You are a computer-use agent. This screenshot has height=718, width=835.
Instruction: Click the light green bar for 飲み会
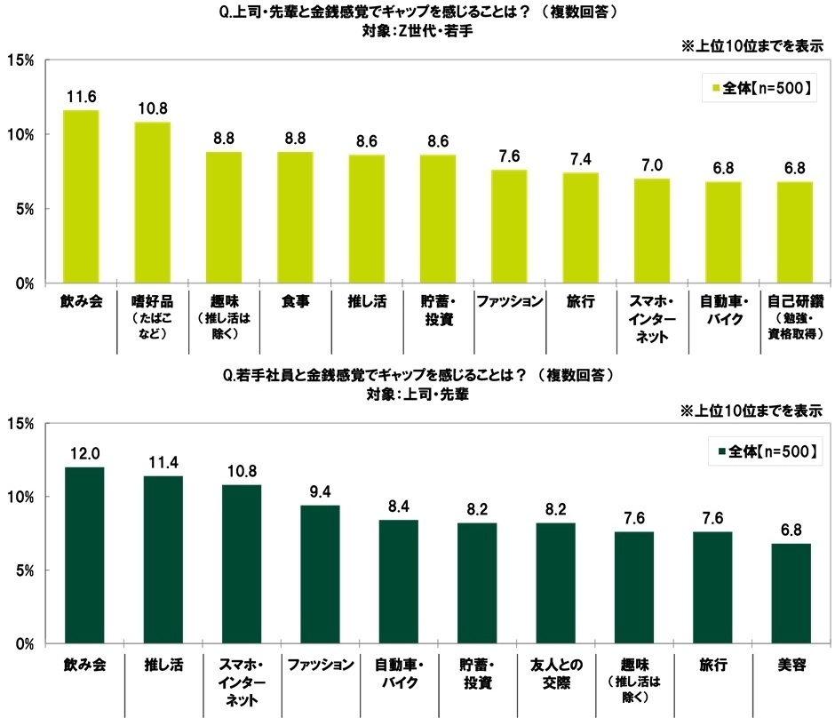[x=80, y=196]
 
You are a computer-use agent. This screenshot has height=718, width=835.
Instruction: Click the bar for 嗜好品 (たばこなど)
[x=152, y=203]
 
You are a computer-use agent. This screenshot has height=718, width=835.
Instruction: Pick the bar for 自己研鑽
[x=794, y=232]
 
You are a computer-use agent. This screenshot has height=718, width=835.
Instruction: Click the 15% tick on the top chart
[x=20, y=60]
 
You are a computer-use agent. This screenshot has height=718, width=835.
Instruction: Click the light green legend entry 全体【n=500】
[x=757, y=89]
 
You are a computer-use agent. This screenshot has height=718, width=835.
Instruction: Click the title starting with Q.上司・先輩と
[x=417, y=12]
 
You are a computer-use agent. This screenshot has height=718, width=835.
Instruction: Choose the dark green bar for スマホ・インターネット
[x=242, y=563]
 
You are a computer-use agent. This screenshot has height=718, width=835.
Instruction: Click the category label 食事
[x=295, y=301]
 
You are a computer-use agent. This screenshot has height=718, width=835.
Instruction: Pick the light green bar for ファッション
[x=509, y=227]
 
